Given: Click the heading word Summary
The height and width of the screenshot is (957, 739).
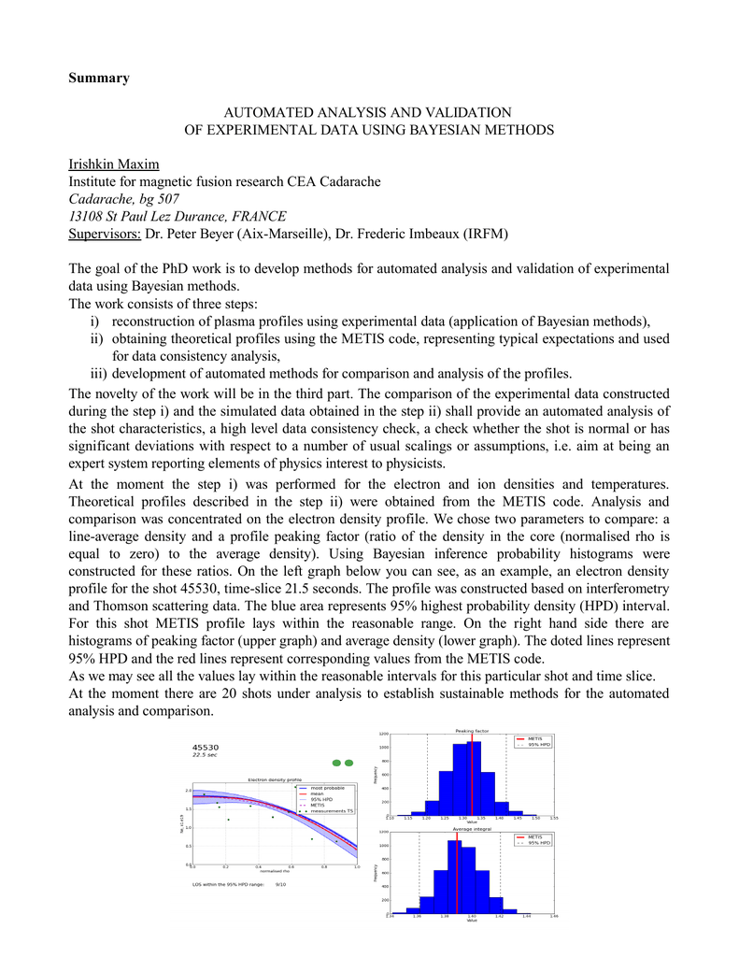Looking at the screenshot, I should coord(99,78).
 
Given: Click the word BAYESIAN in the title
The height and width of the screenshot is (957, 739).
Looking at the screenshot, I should coord(462,129).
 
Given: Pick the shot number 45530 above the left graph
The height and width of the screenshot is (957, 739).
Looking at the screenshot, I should coord(206,747).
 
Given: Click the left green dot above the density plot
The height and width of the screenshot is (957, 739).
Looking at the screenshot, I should coord(337,763).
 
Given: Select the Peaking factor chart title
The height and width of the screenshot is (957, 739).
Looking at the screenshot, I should coord(472,731).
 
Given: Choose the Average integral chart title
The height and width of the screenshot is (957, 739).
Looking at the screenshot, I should coord(472,829).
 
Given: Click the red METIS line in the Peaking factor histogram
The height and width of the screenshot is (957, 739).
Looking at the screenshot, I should coord(473,776).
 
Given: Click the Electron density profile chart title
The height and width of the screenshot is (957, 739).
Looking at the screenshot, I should coord(275,779).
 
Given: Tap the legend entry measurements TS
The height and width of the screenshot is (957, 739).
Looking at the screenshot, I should coord(333,811).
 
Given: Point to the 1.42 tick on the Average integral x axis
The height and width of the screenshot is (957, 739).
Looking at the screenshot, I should coord(500,917).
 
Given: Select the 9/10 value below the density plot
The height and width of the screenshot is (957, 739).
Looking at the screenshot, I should coord(280,883).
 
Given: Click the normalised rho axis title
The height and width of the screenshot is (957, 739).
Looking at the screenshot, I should coord(275,871).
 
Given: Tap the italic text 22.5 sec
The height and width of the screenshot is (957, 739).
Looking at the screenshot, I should coord(205,755).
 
